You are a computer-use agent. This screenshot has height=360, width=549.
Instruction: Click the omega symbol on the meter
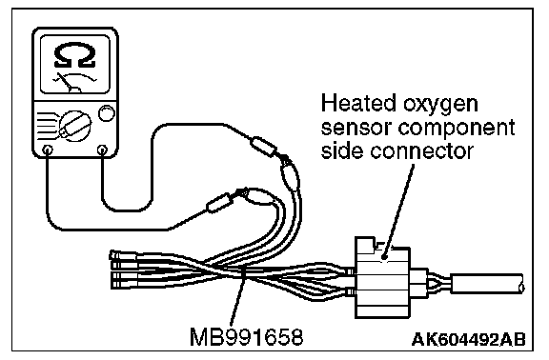[x=75, y=54]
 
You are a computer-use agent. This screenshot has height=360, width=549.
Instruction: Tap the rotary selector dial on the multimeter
[x=75, y=127]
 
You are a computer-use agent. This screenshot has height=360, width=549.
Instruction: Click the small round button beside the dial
[x=106, y=113]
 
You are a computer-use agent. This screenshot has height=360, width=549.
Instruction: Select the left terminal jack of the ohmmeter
[x=48, y=150]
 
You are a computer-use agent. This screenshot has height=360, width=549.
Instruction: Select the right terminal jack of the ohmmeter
[x=102, y=150]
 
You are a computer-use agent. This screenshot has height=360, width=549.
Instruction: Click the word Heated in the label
[x=358, y=104]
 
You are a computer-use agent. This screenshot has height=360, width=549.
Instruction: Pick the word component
[x=456, y=130]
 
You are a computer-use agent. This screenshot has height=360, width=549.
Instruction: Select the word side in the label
[x=342, y=150]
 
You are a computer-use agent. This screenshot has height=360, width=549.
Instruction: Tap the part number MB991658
[x=246, y=337]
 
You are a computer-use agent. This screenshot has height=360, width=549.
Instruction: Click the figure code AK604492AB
[x=469, y=339]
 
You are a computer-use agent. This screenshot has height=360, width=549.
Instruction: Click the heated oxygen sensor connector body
[x=382, y=277]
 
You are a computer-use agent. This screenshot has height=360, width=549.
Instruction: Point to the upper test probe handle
[x=263, y=146]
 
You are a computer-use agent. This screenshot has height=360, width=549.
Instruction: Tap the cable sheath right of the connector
[x=487, y=284]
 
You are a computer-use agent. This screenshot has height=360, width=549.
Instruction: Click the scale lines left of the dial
[x=47, y=127]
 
